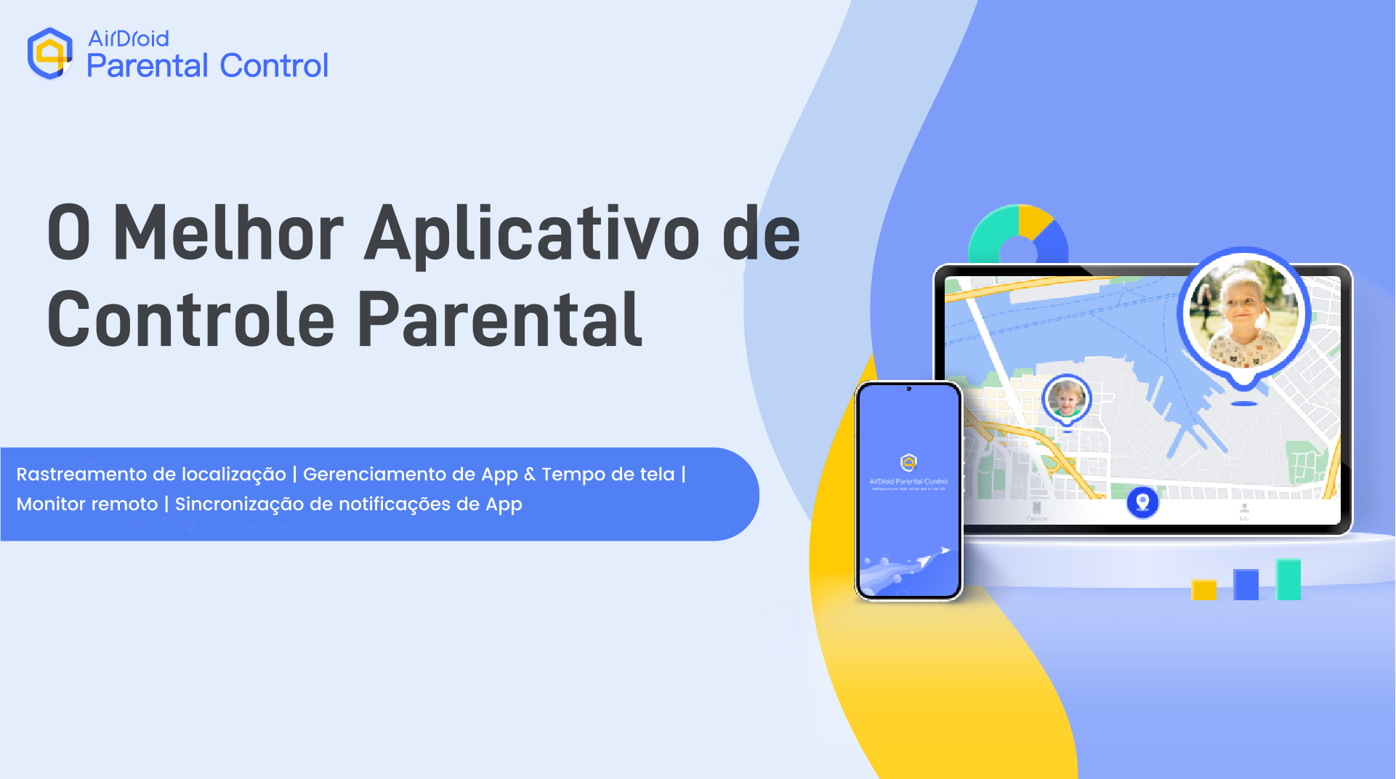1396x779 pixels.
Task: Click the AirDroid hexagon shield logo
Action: (49, 53)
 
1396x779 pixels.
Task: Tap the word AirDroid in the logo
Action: (128, 38)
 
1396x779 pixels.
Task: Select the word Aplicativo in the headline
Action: (531, 234)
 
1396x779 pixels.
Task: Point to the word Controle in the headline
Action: (190, 320)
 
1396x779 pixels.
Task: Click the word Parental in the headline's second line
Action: (499, 320)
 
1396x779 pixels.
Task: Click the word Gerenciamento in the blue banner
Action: (375, 475)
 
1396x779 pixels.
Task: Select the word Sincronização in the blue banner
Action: (239, 504)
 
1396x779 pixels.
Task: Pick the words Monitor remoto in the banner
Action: (87, 504)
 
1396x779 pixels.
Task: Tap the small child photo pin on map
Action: (1066, 399)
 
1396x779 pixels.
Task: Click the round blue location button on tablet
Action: (1142, 502)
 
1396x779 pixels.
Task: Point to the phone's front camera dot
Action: (908, 389)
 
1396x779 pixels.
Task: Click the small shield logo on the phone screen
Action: (908, 462)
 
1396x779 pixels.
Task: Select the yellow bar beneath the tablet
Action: (1203, 589)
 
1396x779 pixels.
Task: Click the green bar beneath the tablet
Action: (1288, 579)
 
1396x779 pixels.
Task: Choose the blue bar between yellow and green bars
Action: (1246, 584)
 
